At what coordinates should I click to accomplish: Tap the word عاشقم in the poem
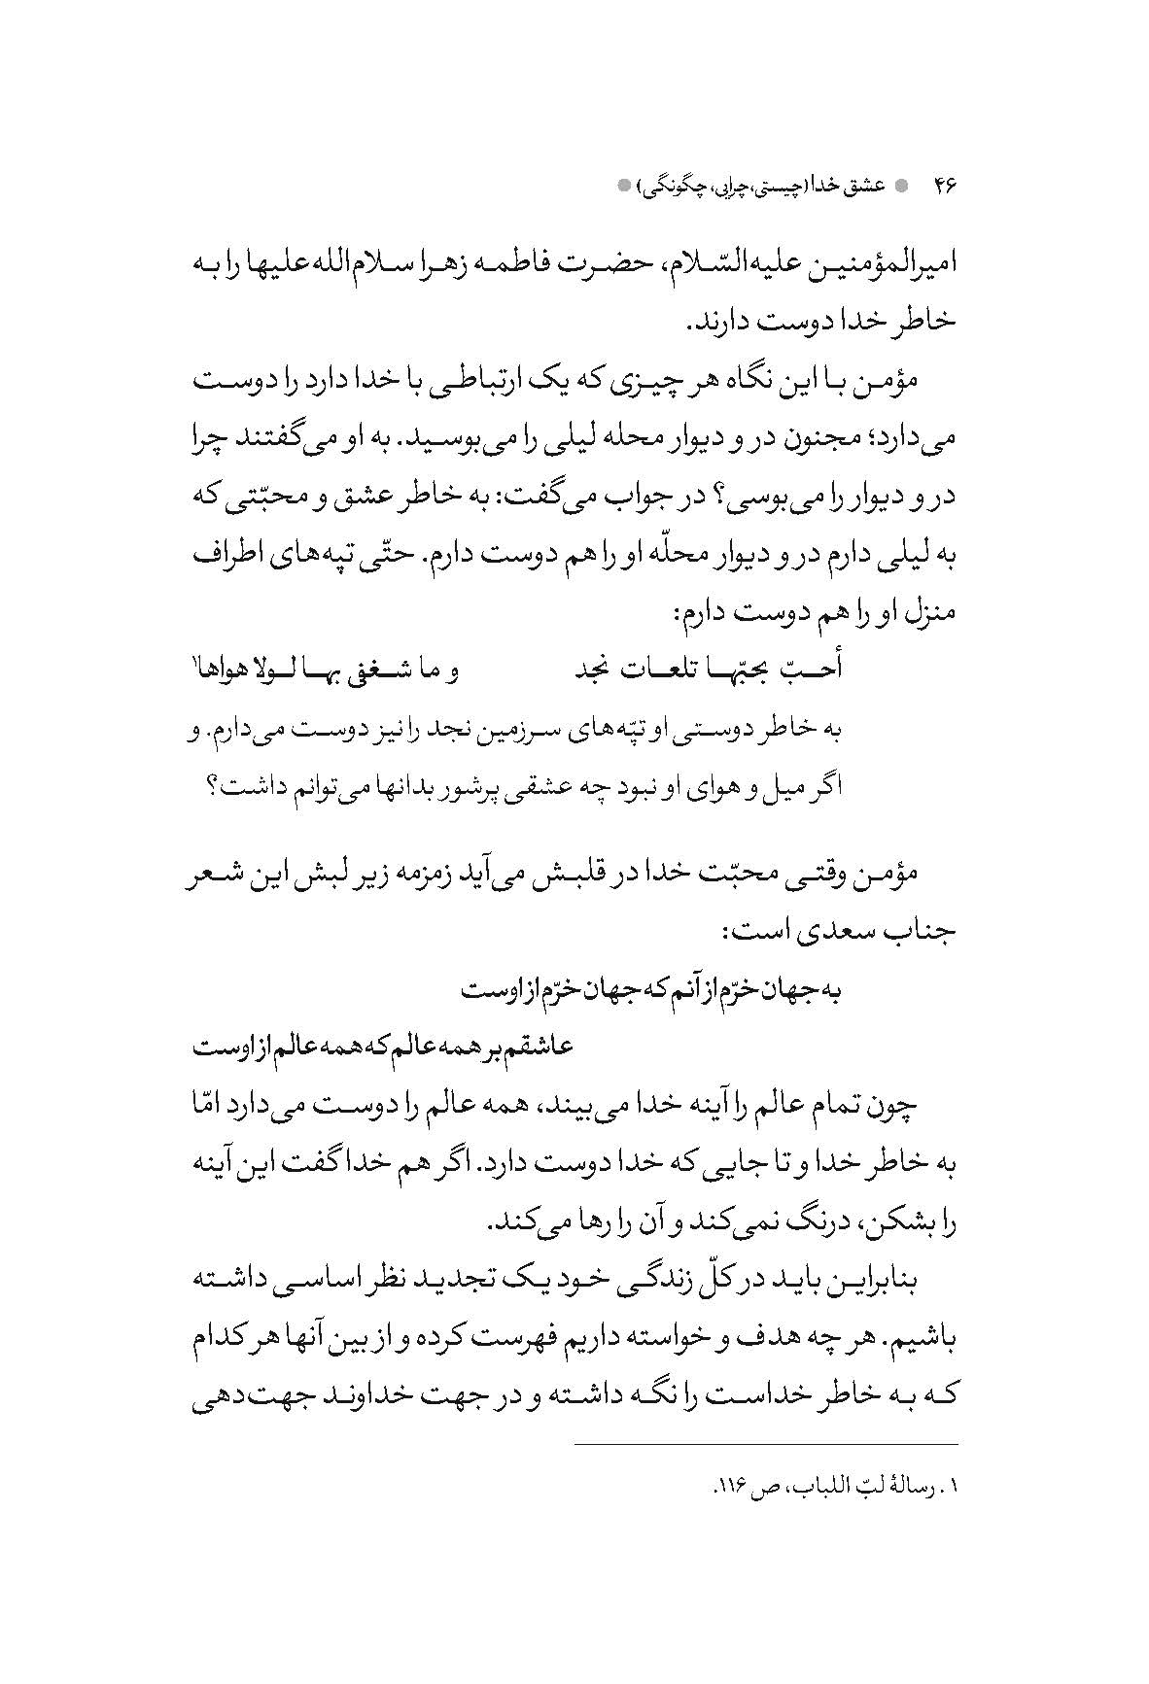tap(541, 1048)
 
